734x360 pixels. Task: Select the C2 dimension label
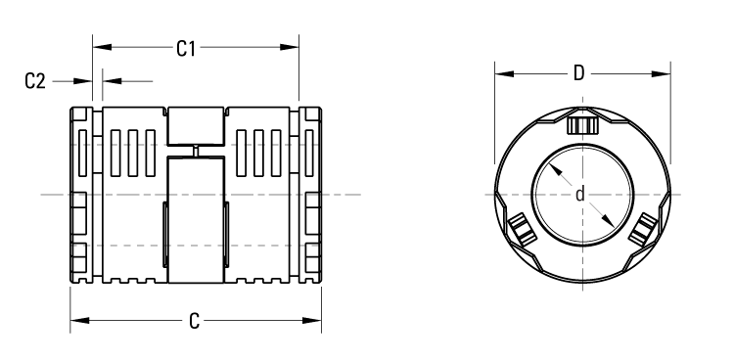pyautogui.click(x=35, y=81)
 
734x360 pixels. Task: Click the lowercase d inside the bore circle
pyautogui.click(x=580, y=195)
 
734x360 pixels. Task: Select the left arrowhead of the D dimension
pyautogui.click(x=500, y=73)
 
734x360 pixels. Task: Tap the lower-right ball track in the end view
pyautogui.click(x=641, y=231)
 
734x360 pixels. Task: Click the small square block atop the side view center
pyautogui.click(x=196, y=124)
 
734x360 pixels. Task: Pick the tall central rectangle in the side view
pyautogui.click(x=196, y=220)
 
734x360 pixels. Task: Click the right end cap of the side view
pyautogui.click(x=310, y=195)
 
